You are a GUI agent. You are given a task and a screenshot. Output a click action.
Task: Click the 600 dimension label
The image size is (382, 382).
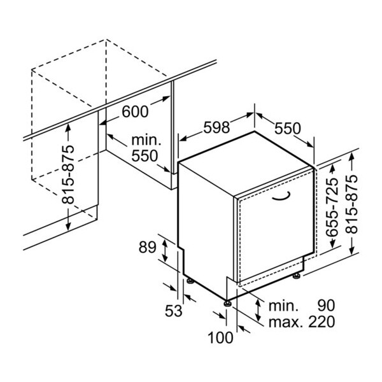coord(134,111)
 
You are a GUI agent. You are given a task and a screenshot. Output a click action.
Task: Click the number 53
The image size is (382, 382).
coord(173,311)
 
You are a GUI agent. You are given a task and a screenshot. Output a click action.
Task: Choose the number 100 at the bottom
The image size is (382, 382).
coord(221,338)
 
